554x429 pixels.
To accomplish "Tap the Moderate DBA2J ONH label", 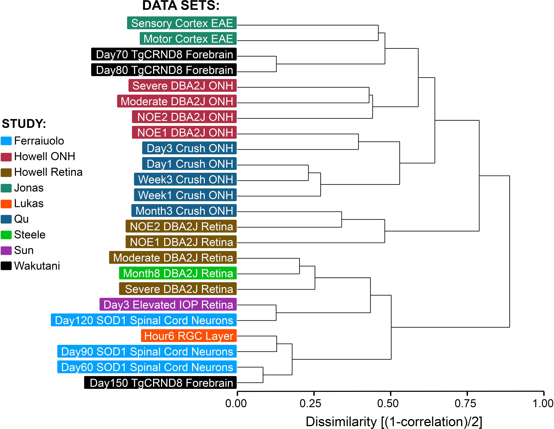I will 177,101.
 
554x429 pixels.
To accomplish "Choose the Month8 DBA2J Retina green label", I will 178,273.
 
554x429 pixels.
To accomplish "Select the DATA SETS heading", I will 181,6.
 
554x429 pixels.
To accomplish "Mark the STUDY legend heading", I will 24,124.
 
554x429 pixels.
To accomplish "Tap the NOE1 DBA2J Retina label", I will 181,242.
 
